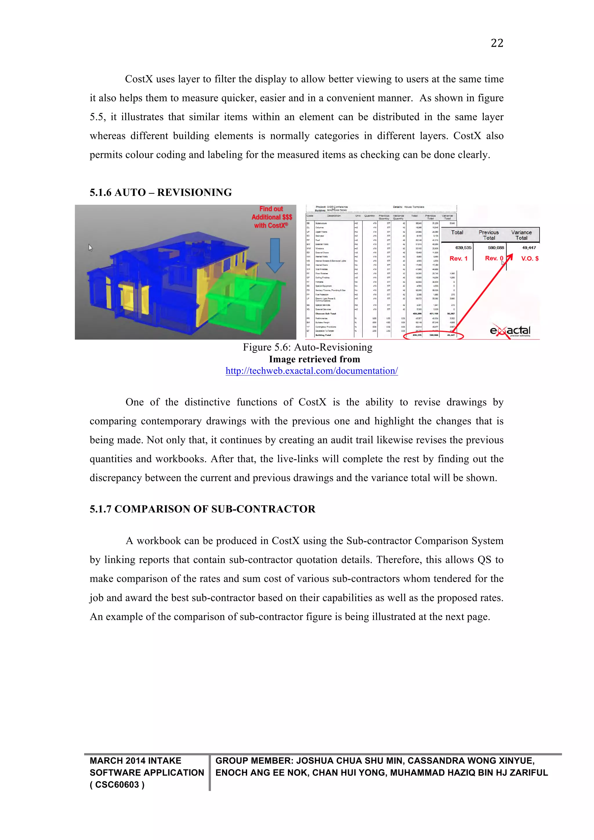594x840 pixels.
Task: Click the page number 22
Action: (497, 43)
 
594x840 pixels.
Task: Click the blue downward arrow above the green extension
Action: (275, 255)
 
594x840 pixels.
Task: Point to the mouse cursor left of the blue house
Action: (90, 248)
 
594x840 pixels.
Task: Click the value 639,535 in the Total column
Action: (463, 248)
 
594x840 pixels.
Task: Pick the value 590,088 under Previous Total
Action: (496, 248)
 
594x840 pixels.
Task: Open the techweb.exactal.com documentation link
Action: (311, 371)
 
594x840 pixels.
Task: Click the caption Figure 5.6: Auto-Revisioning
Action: (308, 347)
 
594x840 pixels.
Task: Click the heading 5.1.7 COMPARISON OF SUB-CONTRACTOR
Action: (202, 509)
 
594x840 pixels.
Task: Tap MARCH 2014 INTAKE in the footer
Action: (135, 761)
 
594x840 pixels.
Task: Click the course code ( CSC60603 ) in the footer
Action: (117, 785)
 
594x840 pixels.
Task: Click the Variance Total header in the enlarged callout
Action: (521, 235)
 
